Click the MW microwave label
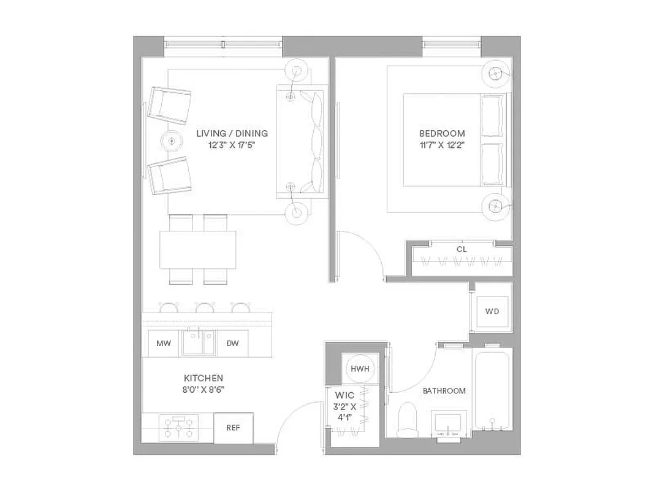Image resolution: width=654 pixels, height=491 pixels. coord(164,344)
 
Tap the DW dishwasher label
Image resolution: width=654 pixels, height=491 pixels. coord(233,344)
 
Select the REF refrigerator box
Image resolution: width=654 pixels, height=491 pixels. coord(234,428)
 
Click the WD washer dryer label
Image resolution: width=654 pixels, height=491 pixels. coord(492,311)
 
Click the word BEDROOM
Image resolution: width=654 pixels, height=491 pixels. coord(442,133)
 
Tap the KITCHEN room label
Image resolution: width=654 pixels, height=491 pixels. coord(203,378)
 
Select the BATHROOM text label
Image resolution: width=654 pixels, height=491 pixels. coord(444,390)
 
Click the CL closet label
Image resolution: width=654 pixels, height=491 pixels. coord(462,249)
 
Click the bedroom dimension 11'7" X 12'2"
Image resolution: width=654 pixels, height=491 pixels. coord(442,145)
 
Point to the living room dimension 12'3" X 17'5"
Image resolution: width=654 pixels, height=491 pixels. coord(232,145)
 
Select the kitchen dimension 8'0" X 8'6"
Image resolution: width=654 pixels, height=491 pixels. coord(203,389)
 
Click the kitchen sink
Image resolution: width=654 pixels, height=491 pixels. coord(197,342)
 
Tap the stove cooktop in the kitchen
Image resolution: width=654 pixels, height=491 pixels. coord(178,427)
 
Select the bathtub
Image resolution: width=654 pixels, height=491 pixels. coord(492,390)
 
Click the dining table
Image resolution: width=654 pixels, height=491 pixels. coord(198,249)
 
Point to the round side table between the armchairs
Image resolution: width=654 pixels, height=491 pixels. coord(172,141)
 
